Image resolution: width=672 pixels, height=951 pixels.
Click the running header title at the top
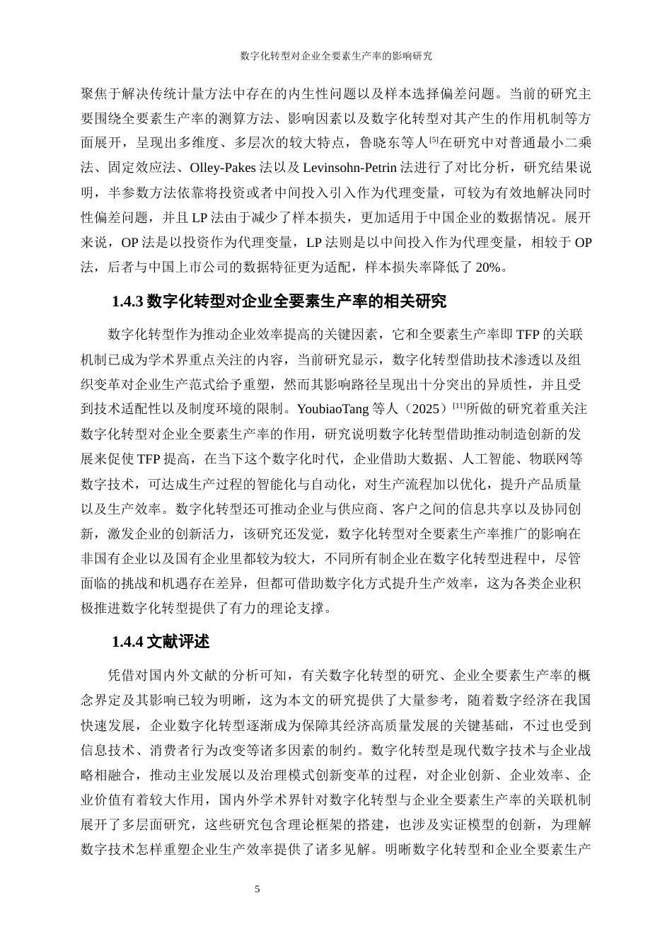click(336, 55)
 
